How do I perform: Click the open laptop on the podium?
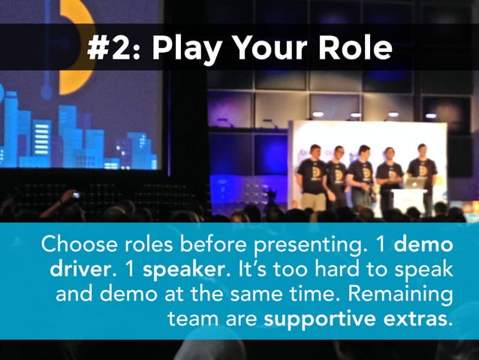point(416,183)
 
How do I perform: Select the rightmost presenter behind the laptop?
point(422,169)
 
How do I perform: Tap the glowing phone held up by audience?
point(77,195)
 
